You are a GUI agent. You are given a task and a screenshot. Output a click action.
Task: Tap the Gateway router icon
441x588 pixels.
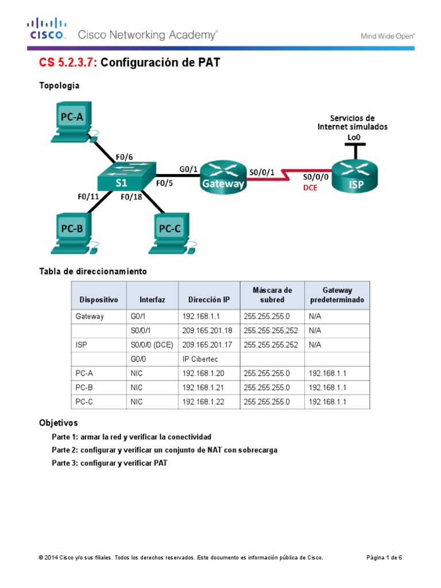click(x=223, y=175)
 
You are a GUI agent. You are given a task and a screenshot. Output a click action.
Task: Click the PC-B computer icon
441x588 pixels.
click(x=73, y=233)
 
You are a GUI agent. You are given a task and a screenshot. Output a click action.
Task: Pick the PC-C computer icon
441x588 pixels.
click(x=171, y=233)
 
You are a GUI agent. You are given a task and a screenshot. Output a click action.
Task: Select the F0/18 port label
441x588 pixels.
click(x=132, y=197)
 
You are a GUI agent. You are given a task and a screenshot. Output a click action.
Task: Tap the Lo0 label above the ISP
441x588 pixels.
click(x=354, y=137)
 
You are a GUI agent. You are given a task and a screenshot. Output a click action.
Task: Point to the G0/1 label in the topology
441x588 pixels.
click(x=188, y=168)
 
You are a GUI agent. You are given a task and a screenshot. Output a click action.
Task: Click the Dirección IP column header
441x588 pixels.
click(x=208, y=300)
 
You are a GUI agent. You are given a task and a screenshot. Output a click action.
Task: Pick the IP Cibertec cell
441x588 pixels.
click(x=201, y=359)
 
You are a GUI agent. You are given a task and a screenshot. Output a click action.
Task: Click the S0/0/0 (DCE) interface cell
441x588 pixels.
click(x=151, y=345)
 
